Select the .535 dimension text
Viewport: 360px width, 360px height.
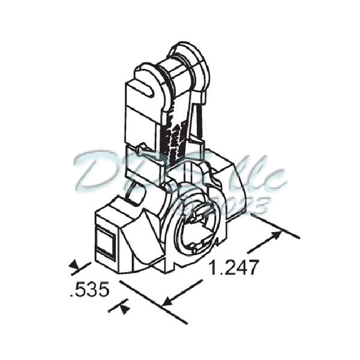[x=89, y=291]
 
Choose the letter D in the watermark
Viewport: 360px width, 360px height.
[x=99, y=171]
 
